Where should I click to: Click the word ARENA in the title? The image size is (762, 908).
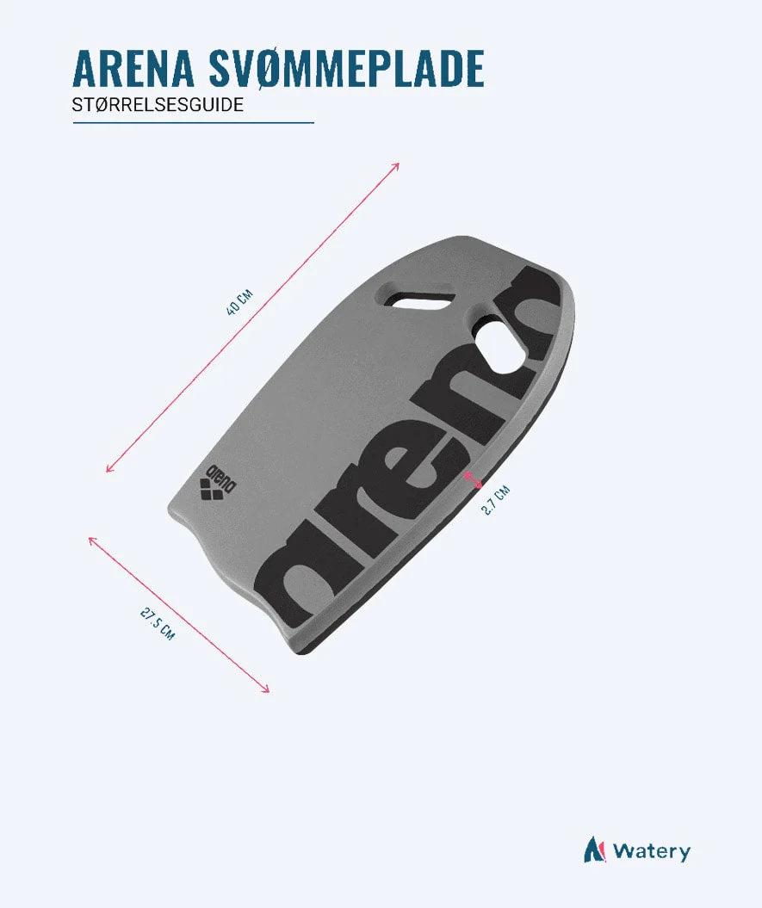tap(133, 68)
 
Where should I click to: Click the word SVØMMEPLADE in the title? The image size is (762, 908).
tap(345, 69)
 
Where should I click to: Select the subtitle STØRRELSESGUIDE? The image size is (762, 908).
tap(158, 105)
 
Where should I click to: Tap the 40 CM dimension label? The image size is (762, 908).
tap(239, 302)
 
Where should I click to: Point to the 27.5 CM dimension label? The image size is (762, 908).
tap(157, 623)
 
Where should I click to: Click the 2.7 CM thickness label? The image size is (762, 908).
tap(495, 500)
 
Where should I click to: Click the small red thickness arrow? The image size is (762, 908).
tap(473, 479)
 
